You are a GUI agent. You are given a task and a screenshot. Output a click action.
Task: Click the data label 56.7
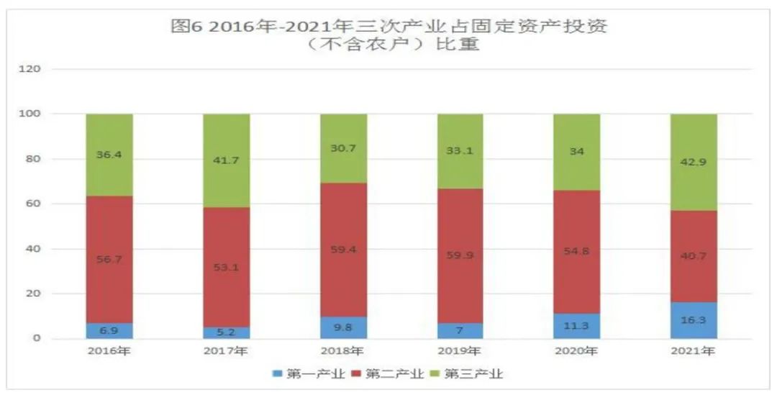click(x=109, y=259)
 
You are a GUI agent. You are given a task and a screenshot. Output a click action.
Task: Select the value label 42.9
click(x=694, y=162)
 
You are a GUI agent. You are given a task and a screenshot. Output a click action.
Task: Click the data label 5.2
click(x=226, y=332)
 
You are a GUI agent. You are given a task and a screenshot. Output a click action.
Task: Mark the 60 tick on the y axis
click(x=35, y=204)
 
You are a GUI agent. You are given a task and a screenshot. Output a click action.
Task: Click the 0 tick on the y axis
click(x=37, y=339)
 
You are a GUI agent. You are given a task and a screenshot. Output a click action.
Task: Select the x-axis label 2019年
click(x=460, y=353)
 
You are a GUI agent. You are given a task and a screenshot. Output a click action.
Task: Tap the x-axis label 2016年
click(x=109, y=353)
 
